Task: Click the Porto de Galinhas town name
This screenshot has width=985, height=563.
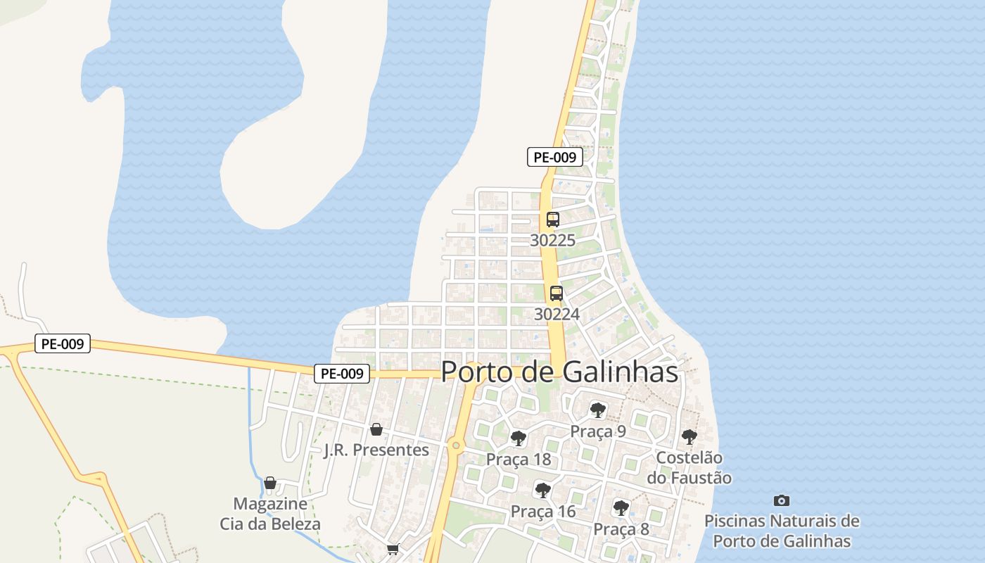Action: pos(559,372)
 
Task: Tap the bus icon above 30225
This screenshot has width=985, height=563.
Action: pos(553,220)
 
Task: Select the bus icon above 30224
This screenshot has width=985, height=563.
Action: pos(557,293)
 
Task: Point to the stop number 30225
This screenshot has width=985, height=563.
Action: pos(552,240)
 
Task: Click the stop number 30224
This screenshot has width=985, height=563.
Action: pos(557,314)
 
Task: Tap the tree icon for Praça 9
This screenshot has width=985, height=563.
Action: pos(598,410)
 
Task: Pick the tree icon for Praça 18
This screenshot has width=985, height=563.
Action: pos(519,438)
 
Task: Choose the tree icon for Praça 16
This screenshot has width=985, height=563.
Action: pos(542,490)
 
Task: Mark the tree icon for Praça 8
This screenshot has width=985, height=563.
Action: pos(621,507)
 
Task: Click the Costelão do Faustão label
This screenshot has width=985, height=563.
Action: pos(689,468)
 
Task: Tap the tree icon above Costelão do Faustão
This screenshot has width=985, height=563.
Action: pos(689,437)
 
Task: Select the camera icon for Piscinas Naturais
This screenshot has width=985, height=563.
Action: pos(782,500)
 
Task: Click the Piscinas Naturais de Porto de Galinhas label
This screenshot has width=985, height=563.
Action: pos(782,531)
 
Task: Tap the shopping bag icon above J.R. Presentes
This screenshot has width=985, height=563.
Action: pos(376,429)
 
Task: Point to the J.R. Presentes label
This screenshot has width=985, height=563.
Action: pos(376,450)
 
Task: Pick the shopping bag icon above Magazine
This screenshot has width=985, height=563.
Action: pos(270,483)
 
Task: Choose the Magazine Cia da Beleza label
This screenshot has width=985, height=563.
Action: pos(270,514)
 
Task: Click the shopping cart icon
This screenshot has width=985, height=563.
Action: pos(393,549)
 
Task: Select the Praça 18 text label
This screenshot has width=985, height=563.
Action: pos(519,460)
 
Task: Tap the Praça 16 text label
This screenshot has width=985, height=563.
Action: pos(542,512)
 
